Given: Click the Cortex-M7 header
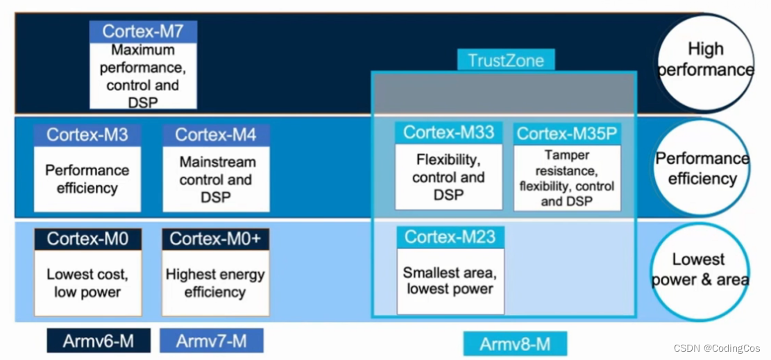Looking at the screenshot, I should tap(143, 31).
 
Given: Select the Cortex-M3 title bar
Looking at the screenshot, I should tap(87, 135).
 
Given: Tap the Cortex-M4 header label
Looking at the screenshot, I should tap(216, 135).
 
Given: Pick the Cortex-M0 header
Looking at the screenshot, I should tap(87, 239).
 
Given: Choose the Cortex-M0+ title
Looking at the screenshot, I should tap(215, 239).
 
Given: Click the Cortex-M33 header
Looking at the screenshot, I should tap(448, 132).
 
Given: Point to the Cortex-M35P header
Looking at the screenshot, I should tap(567, 134).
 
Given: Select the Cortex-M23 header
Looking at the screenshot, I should tap(450, 237).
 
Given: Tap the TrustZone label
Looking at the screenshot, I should tap(506, 60).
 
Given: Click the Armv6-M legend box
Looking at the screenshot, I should tap(98, 341).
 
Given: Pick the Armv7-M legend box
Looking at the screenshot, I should tap(211, 341).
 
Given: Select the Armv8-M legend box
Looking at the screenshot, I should tap(515, 344).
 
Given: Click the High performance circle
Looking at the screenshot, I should tap(704, 60).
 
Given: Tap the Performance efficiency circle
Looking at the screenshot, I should tap(702, 168).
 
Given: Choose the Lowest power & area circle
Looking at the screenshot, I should tap(700, 270).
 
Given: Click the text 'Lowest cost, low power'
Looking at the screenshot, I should tap(87, 283).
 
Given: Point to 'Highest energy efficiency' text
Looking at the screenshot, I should tap(215, 283).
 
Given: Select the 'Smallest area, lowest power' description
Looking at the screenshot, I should tap(450, 280).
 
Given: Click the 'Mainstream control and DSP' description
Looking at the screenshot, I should tap(216, 180).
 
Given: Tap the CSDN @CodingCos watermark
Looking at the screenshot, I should tap(717, 348).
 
